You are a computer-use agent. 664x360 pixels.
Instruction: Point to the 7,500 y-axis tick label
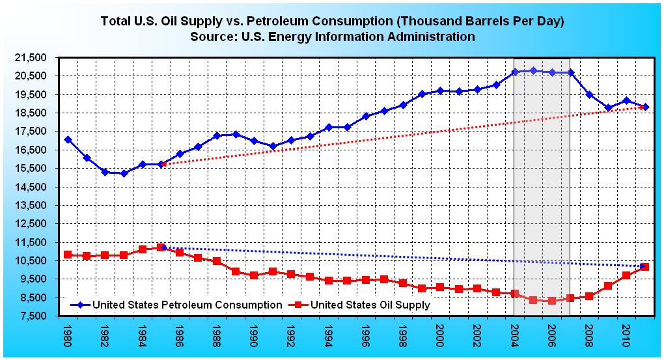(x=33, y=316)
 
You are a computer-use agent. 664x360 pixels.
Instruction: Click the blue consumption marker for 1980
(x=68, y=139)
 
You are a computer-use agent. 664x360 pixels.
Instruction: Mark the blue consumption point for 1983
(x=124, y=173)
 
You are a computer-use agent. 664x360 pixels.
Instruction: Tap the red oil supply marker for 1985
(x=161, y=247)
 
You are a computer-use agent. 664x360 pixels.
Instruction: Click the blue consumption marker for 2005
(x=533, y=70)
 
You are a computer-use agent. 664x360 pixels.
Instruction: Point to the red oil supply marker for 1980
(x=68, y=255)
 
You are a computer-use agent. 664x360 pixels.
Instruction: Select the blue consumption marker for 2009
(x=608, y=107)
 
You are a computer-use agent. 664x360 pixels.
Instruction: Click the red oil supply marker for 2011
(x=644, y=266)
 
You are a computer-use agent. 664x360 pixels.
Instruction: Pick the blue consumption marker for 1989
(x=236, y=134)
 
